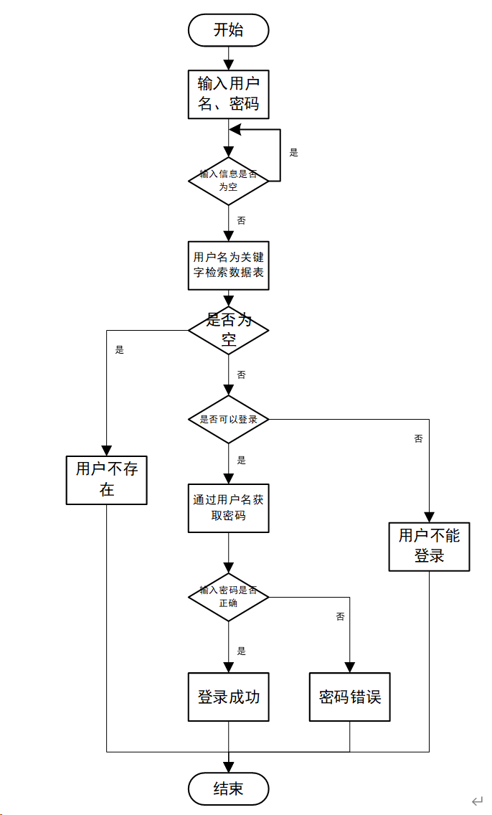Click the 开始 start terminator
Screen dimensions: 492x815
pos(228,30)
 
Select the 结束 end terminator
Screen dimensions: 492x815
pos(228,789)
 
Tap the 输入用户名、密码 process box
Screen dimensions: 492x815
pos(228,95)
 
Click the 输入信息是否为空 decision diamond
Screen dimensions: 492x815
pos(228,181)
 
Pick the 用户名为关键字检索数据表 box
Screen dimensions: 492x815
pos(228,265)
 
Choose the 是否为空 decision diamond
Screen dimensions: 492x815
pos(228,330)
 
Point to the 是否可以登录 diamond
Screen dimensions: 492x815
pos(228,419)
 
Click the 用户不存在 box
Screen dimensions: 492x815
pos(107,480)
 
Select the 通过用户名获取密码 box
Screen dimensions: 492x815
pos(228,508)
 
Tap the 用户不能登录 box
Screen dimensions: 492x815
pos(429,547)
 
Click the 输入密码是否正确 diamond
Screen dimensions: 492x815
pos(228,597)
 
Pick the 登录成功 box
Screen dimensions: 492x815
pos(228,697)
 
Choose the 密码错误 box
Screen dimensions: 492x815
pos(350,697)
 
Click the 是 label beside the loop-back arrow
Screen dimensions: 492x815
pos(293,153)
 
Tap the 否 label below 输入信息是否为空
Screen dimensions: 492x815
pos(241,220)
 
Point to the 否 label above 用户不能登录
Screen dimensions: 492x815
pos(419,438)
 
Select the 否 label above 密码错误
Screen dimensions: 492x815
pos(340,616)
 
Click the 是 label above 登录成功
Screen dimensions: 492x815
pos(241,651)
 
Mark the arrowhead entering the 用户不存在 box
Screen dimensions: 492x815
pos(107,451)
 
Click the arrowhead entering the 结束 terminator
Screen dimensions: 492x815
pos(228,767)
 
